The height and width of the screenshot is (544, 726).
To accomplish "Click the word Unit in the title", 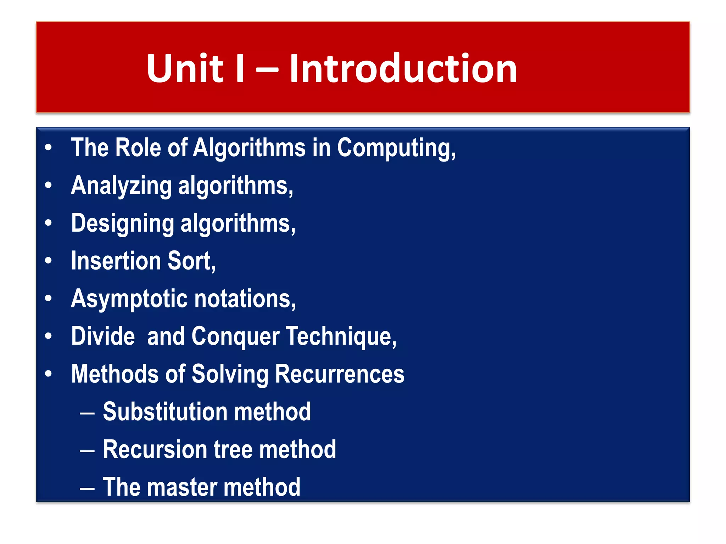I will tap(185, 68).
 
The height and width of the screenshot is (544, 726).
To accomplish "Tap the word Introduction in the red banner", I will tap(403, 68).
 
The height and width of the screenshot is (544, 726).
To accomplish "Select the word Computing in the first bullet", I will tap(396, 148).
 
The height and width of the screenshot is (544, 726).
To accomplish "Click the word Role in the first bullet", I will tap(138, 148).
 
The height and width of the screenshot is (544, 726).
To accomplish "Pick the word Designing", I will tap(123, 223).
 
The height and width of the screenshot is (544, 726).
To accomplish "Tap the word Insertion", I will tap(116, 261).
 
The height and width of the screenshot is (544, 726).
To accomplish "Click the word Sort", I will tap(191, 261).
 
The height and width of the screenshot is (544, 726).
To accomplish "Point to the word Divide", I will tap(103, 336).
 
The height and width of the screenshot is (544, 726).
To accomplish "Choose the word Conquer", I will tap(235, 336).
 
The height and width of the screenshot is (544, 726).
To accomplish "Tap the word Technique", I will tap(341, 336).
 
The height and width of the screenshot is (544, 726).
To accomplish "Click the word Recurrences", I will tap(340, 374).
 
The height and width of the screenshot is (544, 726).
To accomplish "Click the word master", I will tap(182, 487).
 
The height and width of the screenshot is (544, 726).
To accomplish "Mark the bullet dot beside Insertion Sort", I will tap(49, 261).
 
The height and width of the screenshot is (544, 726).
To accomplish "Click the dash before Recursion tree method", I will tap(87, 451).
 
